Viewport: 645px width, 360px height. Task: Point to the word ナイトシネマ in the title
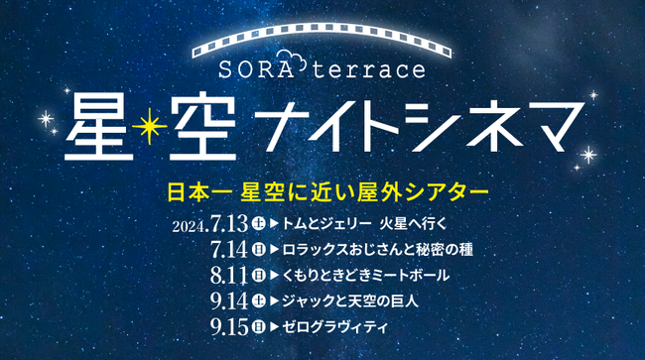point(416,125)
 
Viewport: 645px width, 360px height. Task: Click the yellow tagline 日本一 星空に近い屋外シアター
point(322,186)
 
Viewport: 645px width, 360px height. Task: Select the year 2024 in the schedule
point(187,225)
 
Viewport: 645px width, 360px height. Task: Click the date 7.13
point(228,223)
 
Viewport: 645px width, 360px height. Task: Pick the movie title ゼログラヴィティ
point(331,324)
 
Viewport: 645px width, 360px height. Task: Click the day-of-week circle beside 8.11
point(258,274)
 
